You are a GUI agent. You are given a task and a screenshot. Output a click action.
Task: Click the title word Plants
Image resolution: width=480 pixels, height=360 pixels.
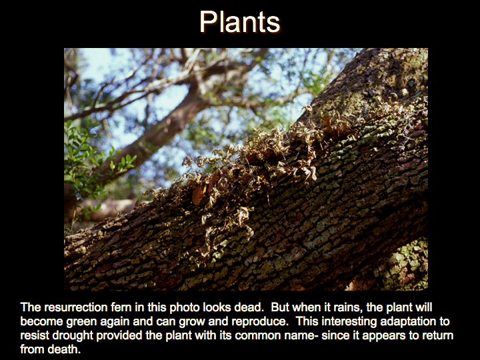240,21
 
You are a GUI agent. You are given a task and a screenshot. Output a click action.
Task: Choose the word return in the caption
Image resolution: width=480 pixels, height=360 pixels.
438,335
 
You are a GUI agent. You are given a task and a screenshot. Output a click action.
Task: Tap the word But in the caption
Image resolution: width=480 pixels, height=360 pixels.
279,307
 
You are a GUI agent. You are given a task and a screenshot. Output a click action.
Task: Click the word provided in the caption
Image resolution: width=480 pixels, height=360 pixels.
119,335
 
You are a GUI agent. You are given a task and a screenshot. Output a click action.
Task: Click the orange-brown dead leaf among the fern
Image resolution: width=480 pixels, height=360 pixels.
198,195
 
